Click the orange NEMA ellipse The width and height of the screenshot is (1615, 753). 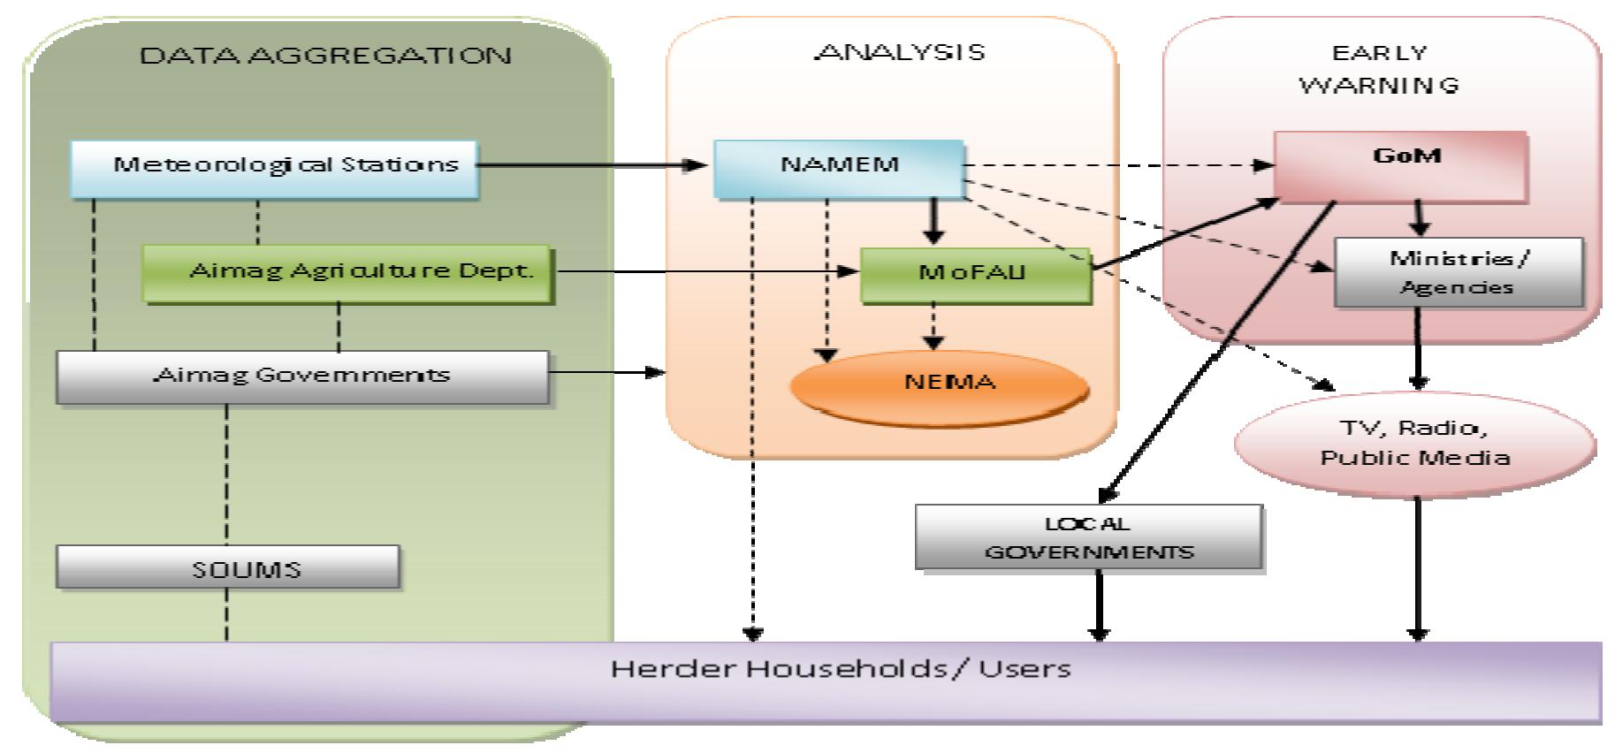pyautogui.click(x=940, y=386)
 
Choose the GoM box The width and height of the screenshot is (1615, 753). pyautogui.click(x=1400, y=165)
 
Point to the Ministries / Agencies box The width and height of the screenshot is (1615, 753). pyautogui.click(x=1458, y=272)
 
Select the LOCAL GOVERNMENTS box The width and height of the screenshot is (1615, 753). pyautogui.click(x=1088, y=537)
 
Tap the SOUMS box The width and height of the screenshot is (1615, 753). pyautogui.click(x=228, y=567)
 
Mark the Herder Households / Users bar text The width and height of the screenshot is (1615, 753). pyautogui.click(x=840, y=669)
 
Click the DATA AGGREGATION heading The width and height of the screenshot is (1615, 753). pyautogui.click(x=325, y=56)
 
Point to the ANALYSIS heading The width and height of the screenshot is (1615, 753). pyautogui.click(x=900, y=52)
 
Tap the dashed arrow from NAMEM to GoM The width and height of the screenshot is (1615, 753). pyautogui.click(x=1114, y=165)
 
